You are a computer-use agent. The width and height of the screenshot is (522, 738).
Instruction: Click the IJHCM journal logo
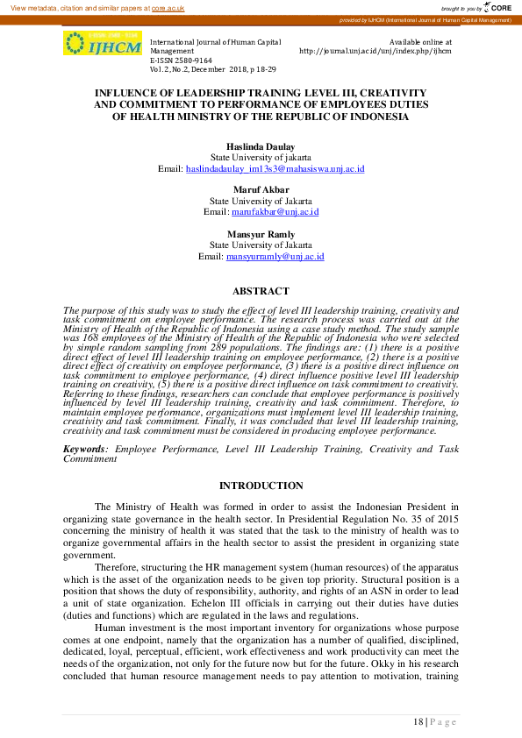click(102, 44)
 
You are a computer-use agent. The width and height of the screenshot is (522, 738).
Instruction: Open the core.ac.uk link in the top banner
click(168, 7)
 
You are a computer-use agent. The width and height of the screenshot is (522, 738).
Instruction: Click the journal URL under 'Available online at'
click(375, 51)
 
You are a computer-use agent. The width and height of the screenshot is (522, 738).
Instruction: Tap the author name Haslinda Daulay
click(261, 147)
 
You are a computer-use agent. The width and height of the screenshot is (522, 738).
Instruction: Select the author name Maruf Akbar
click(261, 190)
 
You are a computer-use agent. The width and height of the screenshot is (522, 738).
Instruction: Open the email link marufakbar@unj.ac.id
click(275, 212)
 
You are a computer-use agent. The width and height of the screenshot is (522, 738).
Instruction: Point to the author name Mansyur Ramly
click(261, 235)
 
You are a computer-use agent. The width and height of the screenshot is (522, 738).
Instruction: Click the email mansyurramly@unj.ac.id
click(275, 257)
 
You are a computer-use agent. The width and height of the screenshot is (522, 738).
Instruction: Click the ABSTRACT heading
click(261, 291)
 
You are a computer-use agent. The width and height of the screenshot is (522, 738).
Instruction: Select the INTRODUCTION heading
click(261, 486)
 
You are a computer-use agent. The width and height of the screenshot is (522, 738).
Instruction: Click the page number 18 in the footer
click(418, 720)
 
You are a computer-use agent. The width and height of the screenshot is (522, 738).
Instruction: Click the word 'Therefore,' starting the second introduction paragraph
click(117, 567)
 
